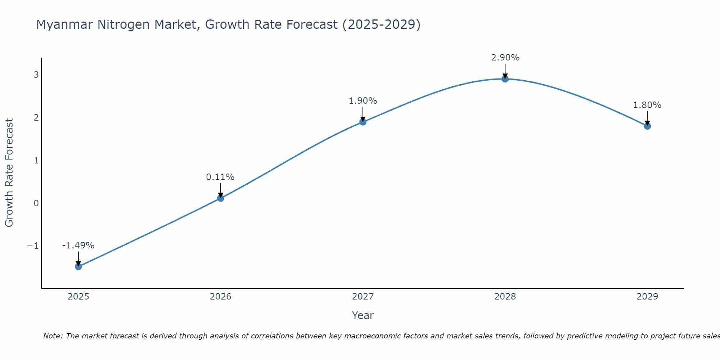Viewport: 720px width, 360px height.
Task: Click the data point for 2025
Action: tap(78, 266)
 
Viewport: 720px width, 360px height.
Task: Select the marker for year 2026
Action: tap(221, 198)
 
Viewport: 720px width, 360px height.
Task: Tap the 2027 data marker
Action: tap(363, 122)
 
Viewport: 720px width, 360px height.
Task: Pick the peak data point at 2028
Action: tap(505, 79)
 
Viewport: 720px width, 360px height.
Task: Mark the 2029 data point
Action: tap(647, 126)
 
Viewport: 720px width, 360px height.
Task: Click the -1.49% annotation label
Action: tap(78, 246)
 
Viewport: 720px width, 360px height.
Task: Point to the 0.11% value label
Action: tap(220, 177)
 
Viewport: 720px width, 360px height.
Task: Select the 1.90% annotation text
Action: tap(363, 101)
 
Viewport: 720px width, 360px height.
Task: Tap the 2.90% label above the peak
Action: tap(505, 58)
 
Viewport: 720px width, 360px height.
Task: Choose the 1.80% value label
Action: tap(647, 105)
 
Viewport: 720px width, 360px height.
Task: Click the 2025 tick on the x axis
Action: tap(78, 297)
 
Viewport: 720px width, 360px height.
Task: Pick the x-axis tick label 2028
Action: tap(505, 297)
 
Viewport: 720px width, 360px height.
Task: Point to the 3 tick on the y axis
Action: tap(36, 75)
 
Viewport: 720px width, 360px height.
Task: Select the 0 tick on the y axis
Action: tap(36, 203)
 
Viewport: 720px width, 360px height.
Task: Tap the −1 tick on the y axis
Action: tap(33, 246)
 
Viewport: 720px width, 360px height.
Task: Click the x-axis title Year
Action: tap(363, 315)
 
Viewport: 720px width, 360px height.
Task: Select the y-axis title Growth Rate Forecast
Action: tap(9, 173)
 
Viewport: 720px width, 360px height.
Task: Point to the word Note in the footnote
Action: tap(53, 336)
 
